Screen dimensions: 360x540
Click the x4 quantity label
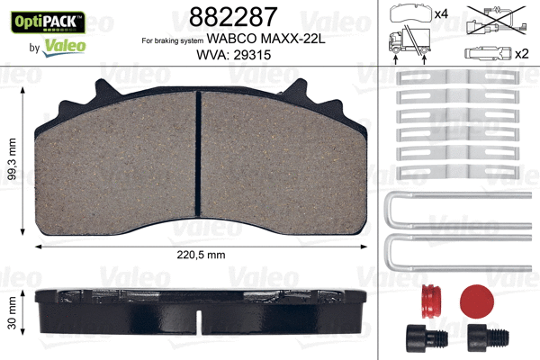[441, 14]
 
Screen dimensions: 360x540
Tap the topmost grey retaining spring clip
[460, 78]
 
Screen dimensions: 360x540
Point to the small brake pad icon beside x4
[410, 13]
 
